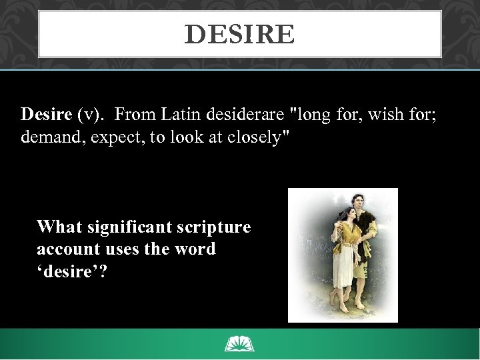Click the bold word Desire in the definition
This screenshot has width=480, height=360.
(46, 114)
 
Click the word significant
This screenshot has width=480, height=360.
(131, 227)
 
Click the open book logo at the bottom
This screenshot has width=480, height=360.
(240, 345)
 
